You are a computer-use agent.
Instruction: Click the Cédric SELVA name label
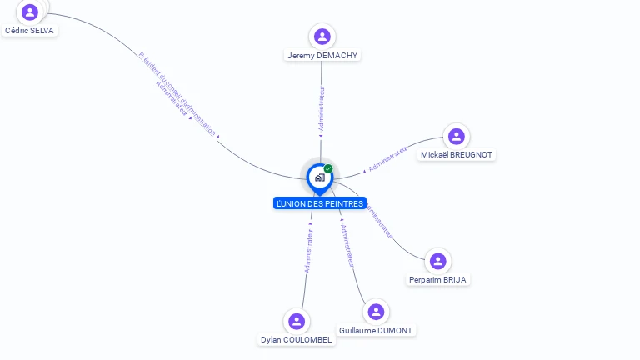31,30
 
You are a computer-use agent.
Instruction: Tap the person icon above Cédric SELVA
31,12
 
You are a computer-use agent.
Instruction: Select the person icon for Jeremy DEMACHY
322,37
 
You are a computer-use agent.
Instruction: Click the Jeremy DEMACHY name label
322,55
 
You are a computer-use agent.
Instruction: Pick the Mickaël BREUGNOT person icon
456,137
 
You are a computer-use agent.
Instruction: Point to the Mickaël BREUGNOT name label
457,155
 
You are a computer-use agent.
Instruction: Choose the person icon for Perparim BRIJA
438,262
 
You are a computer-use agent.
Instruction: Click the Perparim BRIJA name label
437,280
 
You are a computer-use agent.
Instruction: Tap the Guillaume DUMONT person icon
376,312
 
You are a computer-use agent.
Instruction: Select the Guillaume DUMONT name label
376,330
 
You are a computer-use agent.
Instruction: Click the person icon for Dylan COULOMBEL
297,322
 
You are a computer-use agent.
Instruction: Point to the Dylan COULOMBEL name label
297,340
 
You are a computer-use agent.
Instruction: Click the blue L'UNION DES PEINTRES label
320,203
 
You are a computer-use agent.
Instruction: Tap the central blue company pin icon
319,177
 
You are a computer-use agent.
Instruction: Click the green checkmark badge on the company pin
328,169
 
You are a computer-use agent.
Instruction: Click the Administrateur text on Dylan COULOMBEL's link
309,251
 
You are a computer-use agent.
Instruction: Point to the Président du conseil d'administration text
177,92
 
